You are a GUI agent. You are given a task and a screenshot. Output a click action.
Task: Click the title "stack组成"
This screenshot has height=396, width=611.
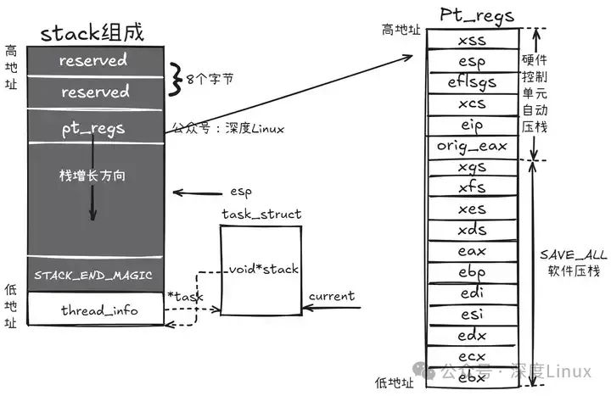(92, 32)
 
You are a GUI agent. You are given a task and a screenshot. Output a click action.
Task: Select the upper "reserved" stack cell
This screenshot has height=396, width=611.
(93, 60)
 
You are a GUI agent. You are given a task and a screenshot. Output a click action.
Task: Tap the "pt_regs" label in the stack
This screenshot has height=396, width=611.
(93, 129)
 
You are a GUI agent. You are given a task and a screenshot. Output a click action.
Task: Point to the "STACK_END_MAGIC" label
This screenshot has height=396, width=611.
(93, 276)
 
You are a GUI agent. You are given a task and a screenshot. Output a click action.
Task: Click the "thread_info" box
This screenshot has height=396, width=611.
(98, 310)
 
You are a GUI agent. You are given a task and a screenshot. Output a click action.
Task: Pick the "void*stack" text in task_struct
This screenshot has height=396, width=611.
(262, 270)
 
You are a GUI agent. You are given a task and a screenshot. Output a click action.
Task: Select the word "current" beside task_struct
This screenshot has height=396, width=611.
(331, 297)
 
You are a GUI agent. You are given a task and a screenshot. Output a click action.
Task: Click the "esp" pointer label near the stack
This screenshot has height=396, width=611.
(242, 192)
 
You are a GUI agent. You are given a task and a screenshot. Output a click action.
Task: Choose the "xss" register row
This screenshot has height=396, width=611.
(473, 39)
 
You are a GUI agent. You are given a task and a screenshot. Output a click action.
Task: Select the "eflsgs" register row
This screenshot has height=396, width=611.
(473, 81)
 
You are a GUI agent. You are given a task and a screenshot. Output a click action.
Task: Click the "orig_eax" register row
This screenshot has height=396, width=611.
(472, 146)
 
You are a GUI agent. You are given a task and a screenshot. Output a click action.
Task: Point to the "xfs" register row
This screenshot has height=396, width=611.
(473, 187)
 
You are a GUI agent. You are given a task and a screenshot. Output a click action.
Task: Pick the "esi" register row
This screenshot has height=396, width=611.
(473, 315)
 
